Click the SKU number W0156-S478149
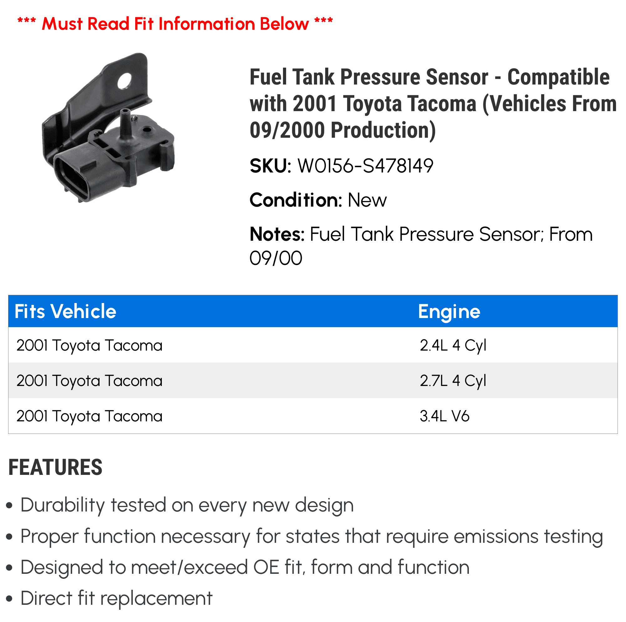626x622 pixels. pos(365,166)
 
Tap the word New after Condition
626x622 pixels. pos(367,200)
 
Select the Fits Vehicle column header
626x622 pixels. pos(65,311)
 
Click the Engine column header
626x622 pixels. pos(449,311)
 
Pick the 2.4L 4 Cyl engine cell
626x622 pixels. pos(453,345)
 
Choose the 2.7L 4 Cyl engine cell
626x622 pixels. pos(453,381)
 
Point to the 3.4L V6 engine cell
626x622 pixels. pos(444,416)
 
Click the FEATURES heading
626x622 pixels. pos(55,467)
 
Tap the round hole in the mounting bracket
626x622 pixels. pos(125,81)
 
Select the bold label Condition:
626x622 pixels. pos(296,200)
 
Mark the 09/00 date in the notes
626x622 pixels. pos(276,258)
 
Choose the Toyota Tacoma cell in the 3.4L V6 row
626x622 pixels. pos(90,416)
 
